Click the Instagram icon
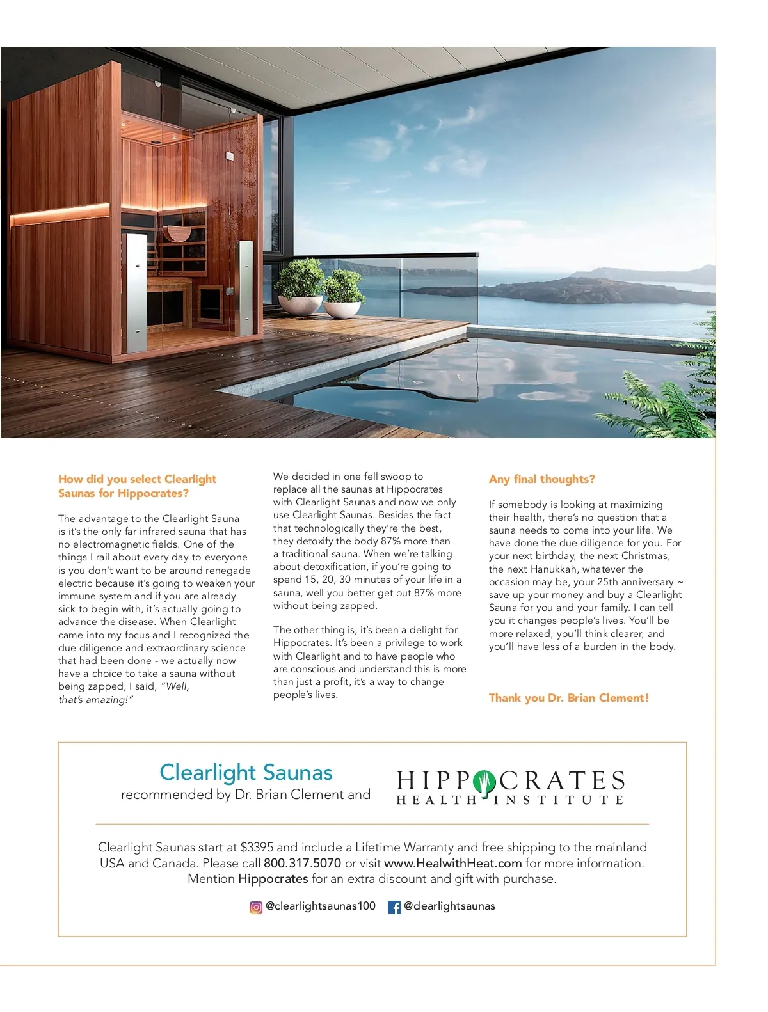[256, 906]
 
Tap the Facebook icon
[394, 906]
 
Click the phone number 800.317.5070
[302, 863]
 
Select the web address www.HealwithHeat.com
[452, 863]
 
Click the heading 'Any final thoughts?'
[541, 479]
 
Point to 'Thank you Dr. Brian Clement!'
[568, 698]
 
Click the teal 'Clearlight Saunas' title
[246, 772]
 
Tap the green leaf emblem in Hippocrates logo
[484, 781]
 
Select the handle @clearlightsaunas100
[320, 906]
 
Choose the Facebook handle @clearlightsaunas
[449, 906]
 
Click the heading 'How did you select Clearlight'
[137, 479]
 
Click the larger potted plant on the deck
[300, 285]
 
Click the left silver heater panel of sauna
[135, 292]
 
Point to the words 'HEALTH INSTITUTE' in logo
[509, 800]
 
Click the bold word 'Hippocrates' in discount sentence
[273, 879]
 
